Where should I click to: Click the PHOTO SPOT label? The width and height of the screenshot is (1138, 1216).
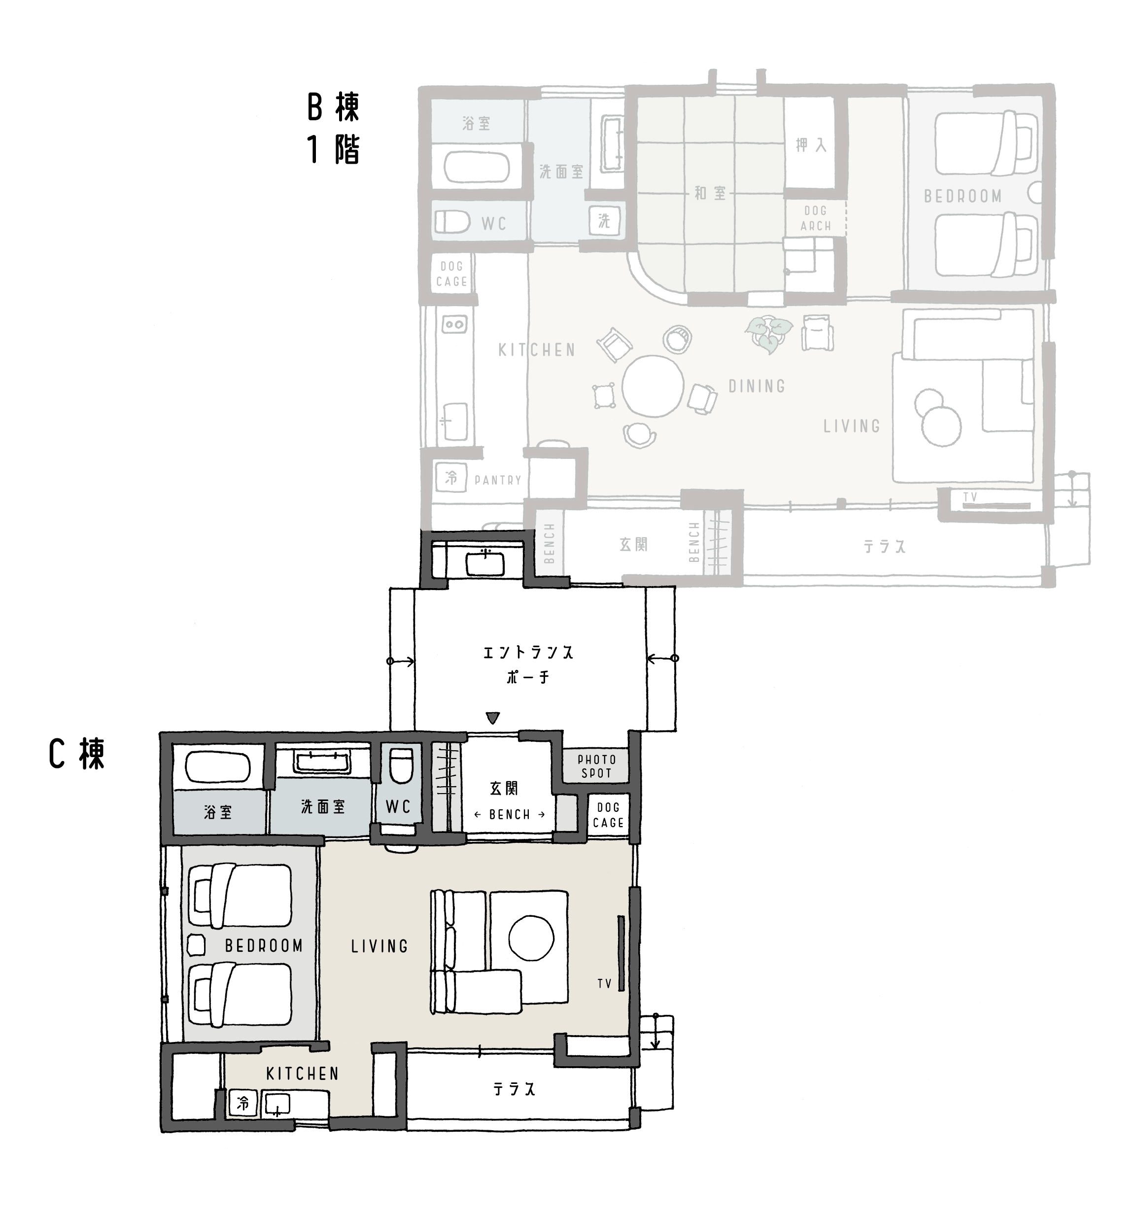(x=596, y=766)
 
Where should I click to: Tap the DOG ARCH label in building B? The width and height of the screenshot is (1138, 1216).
(x=815, y=218)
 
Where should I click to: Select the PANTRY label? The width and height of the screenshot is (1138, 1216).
(x=498, y=481)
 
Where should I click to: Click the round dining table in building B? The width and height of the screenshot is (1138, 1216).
(x=653, y=386)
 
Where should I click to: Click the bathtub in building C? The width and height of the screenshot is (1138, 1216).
(x=218, y=767)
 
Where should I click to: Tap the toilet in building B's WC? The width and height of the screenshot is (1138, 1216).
(x=452, y=221)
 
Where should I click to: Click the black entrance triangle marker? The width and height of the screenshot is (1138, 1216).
(x=493, y=717)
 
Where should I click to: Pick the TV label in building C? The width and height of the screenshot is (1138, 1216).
(x=604, y=983)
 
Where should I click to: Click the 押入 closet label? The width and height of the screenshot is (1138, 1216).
(x=811, y=145)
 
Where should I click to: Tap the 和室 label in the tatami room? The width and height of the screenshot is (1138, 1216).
(x=710, y=193)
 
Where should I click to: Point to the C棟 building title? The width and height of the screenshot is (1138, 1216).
(x=77, y=754)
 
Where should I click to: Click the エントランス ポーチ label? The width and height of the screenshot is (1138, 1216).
(x=528, y=664)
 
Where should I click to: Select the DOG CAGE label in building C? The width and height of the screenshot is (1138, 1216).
(x=609, y=815)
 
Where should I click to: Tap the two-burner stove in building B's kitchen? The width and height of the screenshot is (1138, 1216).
(x=454, y=324)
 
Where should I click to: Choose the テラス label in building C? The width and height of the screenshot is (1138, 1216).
(x=514, y=1089)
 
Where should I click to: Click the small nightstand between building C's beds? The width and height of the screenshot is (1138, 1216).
(x=196, y=946)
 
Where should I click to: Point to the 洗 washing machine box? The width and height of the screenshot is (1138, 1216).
(x=604, y=221)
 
